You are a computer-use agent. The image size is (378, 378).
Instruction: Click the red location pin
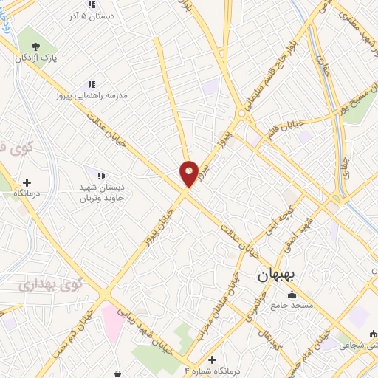tap(189, 173)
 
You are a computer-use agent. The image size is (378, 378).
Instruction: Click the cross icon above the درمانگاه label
tap(27, 182)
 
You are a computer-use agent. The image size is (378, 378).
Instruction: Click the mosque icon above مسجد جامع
tap(291, 295)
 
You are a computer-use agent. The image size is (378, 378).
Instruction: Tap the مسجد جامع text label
tap(291, 305)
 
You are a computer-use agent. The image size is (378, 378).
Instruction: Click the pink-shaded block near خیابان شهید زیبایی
tap(112, 321)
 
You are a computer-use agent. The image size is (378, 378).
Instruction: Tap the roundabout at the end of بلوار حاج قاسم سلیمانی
tap(242, 114)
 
